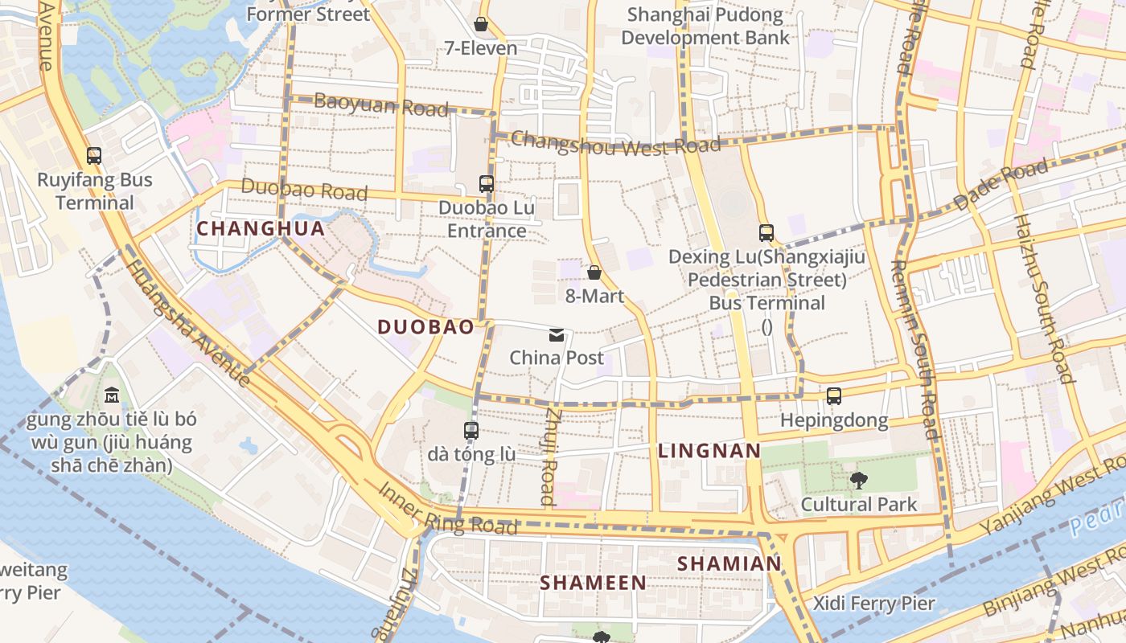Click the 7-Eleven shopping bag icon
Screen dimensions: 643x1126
coord(481,25)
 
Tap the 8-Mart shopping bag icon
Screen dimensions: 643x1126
coord(594,273)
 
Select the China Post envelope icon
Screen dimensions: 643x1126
coord(557,334)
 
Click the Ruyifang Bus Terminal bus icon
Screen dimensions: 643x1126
coord(94,156)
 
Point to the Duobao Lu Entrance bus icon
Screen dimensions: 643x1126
coord(487,184)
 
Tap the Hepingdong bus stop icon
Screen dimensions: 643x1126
coord(834,396)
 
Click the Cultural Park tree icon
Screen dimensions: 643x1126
coord(859,481)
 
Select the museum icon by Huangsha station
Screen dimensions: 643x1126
coord(111,395)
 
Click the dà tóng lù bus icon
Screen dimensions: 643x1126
coord(471,431)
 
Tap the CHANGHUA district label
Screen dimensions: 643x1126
coord(261,229)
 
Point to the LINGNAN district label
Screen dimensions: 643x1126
coord(709,451)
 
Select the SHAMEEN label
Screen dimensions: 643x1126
coord(593,583)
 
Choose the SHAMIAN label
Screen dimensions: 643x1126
coord(729,564)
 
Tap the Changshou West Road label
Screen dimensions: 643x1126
coord(615,143)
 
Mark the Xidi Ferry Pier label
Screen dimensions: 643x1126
coord(873,604)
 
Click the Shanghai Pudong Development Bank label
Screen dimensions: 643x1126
coord(705,26)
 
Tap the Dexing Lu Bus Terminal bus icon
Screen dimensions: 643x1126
coord(766,233)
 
